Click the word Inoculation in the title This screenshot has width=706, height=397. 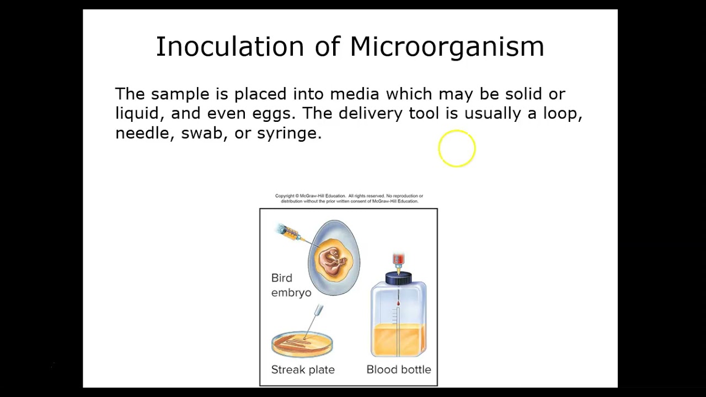229,47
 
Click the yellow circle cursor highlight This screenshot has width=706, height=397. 457,148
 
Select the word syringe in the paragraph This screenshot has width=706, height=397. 288,134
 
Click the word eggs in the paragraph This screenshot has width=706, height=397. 272,114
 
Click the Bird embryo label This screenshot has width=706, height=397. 291,285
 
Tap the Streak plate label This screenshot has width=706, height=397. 303,369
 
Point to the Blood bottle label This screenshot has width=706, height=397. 399,369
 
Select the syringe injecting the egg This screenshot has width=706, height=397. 290,234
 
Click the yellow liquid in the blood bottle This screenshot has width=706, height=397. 398,339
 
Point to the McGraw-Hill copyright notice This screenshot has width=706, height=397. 349,198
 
